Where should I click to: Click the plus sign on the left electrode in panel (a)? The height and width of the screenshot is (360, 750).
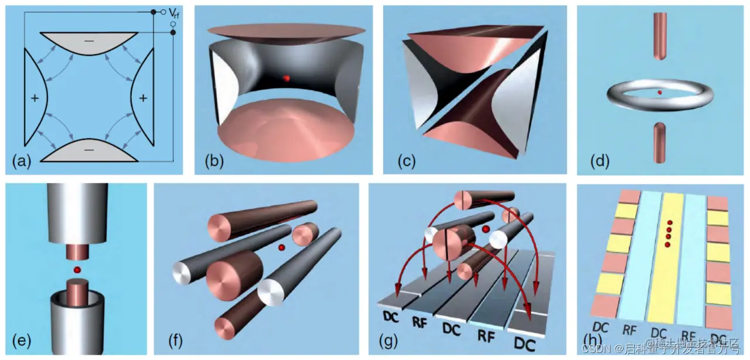point(35,99)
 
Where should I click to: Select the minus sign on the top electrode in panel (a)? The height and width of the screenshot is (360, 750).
point(89,42)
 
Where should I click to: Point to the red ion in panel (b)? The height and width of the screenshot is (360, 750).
point(286,78)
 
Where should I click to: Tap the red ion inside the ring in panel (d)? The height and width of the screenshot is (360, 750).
point(660,93)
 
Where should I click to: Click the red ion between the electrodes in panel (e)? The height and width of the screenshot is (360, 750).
point(76,270)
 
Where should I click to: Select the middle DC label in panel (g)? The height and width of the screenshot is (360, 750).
point(451,330)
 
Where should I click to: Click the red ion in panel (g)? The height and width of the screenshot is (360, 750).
point(485,229)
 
